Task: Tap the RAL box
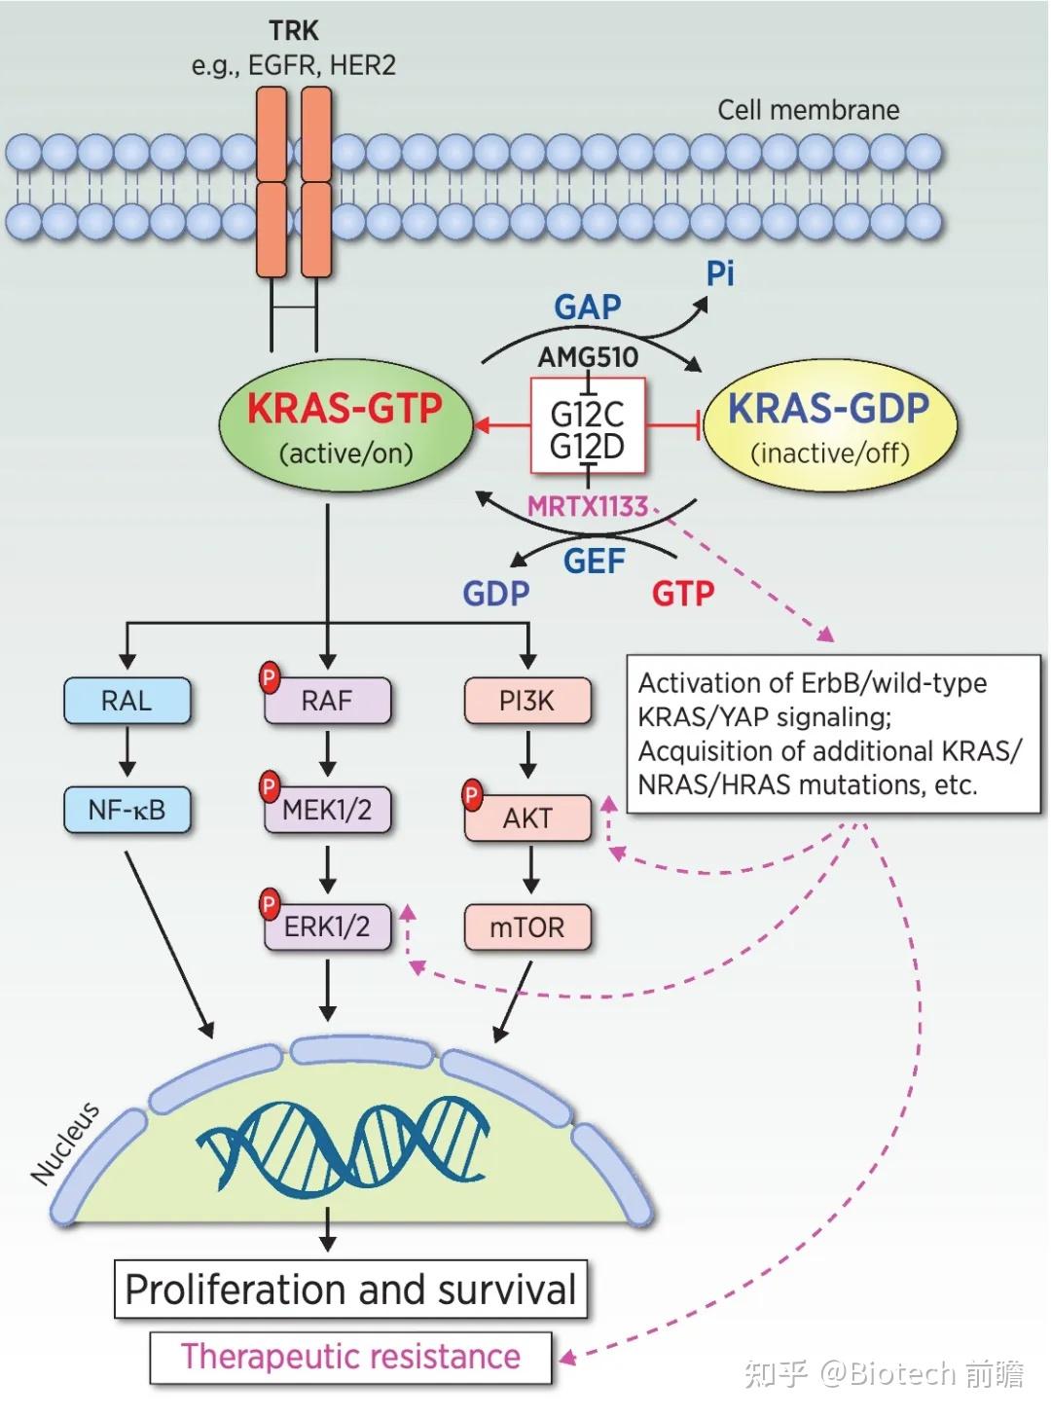coord(127,701)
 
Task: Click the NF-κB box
coord(127,809)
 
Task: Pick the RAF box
coord(328,701)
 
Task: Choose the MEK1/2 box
coord(328,810)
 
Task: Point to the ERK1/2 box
coord(328,926)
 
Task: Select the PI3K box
coord(527,701)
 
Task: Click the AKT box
coord(527,818)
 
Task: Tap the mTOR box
coord(527,926)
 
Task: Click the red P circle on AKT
coord(472,795)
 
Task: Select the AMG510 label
coord(588,357)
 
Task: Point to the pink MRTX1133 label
coord(588,506)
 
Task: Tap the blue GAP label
coord(588,308)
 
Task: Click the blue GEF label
coord(594,561)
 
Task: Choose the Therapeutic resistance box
coord(350,1357)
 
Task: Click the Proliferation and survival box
coord(350,1290)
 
